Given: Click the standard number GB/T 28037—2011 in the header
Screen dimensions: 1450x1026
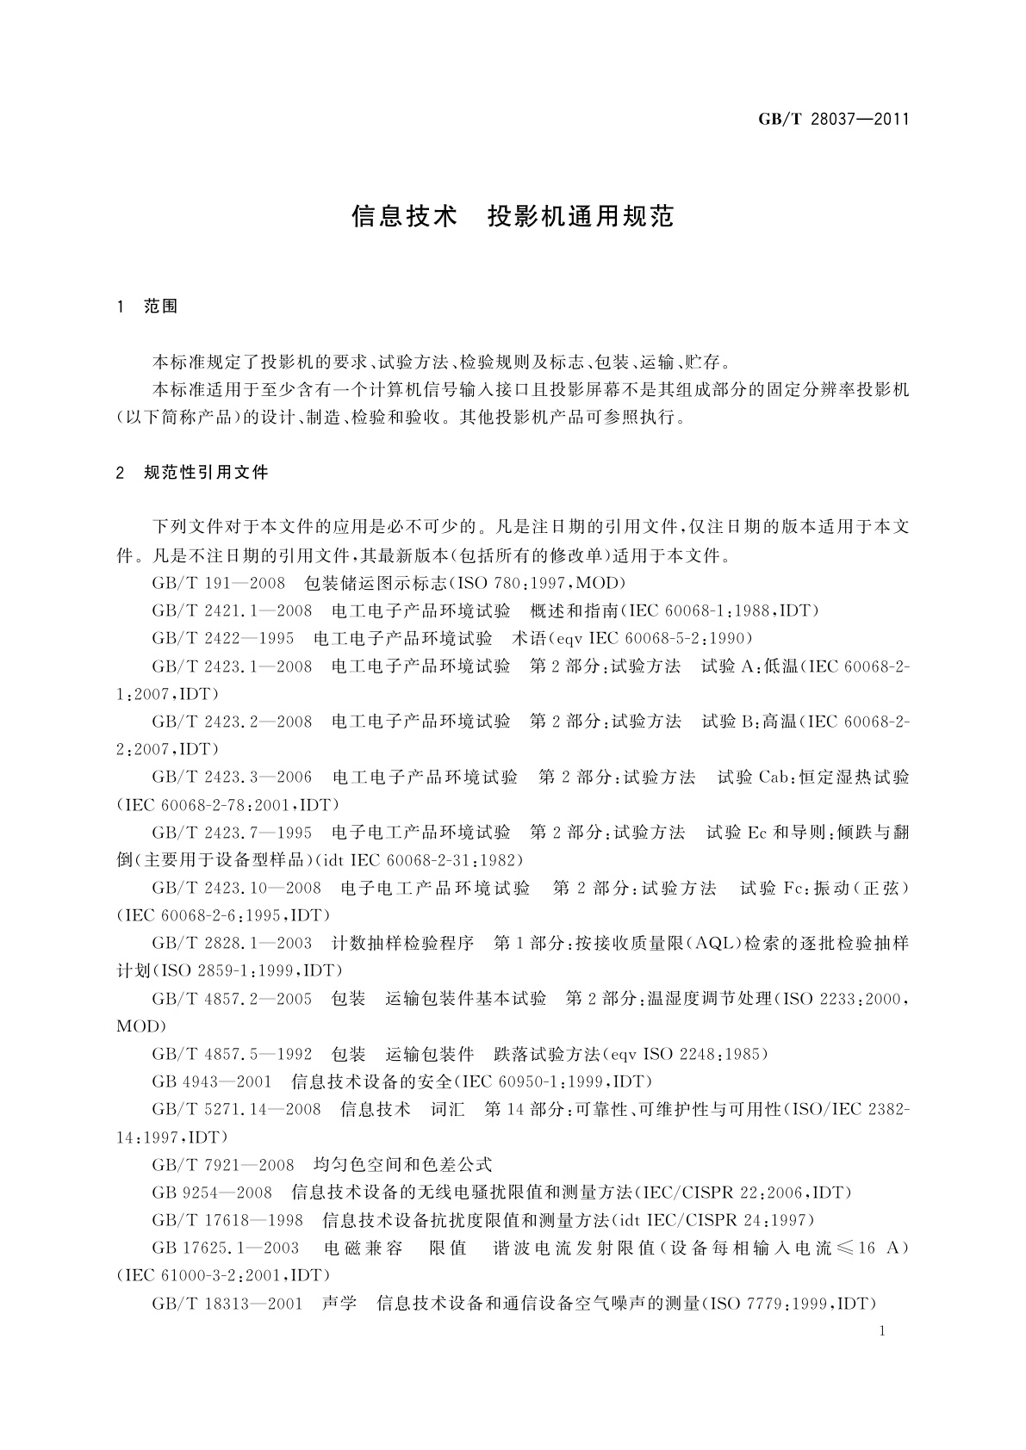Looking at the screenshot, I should tap(833, 120).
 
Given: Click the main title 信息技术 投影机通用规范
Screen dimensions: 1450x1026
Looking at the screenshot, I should tap(512, 216).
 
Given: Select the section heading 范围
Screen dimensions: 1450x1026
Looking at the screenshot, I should tap(161, 307).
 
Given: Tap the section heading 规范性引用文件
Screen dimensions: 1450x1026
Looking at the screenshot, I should tap(207, 472).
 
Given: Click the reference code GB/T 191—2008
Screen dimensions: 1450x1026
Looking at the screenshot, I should tap(218, 583).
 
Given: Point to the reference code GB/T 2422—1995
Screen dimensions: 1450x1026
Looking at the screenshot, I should tap(222, 638).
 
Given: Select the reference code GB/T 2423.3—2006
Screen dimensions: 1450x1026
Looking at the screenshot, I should tap(232, 777).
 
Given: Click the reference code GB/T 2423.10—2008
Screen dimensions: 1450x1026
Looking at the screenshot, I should tap(237, 888).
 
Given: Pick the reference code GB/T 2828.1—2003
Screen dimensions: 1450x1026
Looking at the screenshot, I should tap(232, 943).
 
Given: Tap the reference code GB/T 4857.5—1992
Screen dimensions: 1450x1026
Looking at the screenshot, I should tap(232, 1054).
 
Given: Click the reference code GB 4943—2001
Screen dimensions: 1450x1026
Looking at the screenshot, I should tap(212, 1081).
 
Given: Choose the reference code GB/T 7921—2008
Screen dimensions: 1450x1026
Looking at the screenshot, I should tap(223, 1165).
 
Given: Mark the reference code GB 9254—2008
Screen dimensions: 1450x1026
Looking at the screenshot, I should tap(212, 1193).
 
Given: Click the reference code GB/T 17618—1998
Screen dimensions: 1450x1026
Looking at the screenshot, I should tap(227, 1220).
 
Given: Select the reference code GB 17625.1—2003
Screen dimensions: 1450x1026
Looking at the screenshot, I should tap(226, 1248).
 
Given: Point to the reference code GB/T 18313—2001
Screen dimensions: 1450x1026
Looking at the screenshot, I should tap(227, 1304).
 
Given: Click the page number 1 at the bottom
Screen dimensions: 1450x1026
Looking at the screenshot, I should tap(883, 1331).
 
